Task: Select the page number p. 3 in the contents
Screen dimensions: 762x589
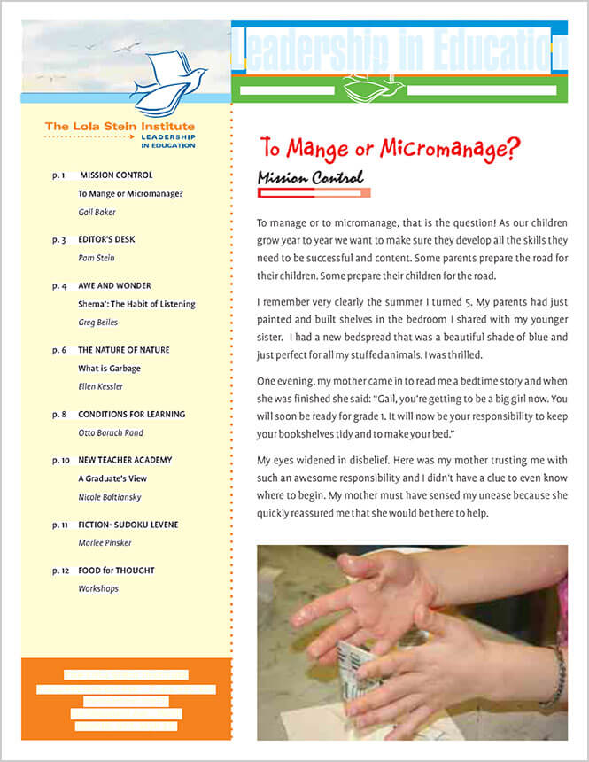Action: (x=59, y=239)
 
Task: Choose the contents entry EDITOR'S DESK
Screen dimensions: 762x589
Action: (x=106, y=239)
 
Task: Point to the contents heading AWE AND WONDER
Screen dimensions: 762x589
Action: (x=114, y=285)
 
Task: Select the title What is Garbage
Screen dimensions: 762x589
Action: (x=109, y=369)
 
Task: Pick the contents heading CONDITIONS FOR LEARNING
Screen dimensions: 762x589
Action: (x=131, y=414)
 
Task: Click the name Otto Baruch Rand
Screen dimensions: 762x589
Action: (x=110, y=432)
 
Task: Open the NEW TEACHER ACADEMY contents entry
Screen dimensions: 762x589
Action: (x=125, y=460)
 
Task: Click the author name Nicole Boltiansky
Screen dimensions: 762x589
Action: (x=110, y=497)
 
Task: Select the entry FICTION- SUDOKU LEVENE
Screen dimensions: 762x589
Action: (x=128, y=525)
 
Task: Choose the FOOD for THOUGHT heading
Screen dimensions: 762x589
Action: (x=115, y=571)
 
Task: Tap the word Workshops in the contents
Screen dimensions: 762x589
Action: (x=97, y=588)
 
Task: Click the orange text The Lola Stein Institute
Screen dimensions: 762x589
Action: (x=120, y=127)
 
